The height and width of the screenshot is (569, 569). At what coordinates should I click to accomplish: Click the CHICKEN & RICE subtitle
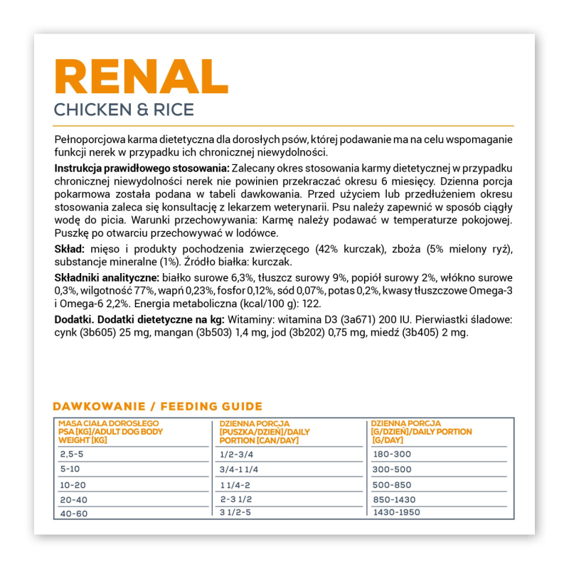[124, 110]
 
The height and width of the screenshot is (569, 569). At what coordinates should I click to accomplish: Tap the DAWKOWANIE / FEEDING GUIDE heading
[157, 407]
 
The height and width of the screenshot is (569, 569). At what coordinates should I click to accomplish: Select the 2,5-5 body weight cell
[73, 454]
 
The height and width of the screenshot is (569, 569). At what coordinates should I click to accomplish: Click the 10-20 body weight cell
[75, 484]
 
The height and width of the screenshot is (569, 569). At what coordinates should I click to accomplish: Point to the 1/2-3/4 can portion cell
[238, 454]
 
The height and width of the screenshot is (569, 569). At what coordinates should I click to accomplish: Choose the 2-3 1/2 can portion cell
[238, 498]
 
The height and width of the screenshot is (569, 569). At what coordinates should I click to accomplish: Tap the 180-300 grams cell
[391, 454]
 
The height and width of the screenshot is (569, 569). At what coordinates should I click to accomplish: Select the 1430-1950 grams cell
[396, 511]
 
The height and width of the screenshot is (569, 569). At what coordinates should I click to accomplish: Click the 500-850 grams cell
[391, 484]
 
